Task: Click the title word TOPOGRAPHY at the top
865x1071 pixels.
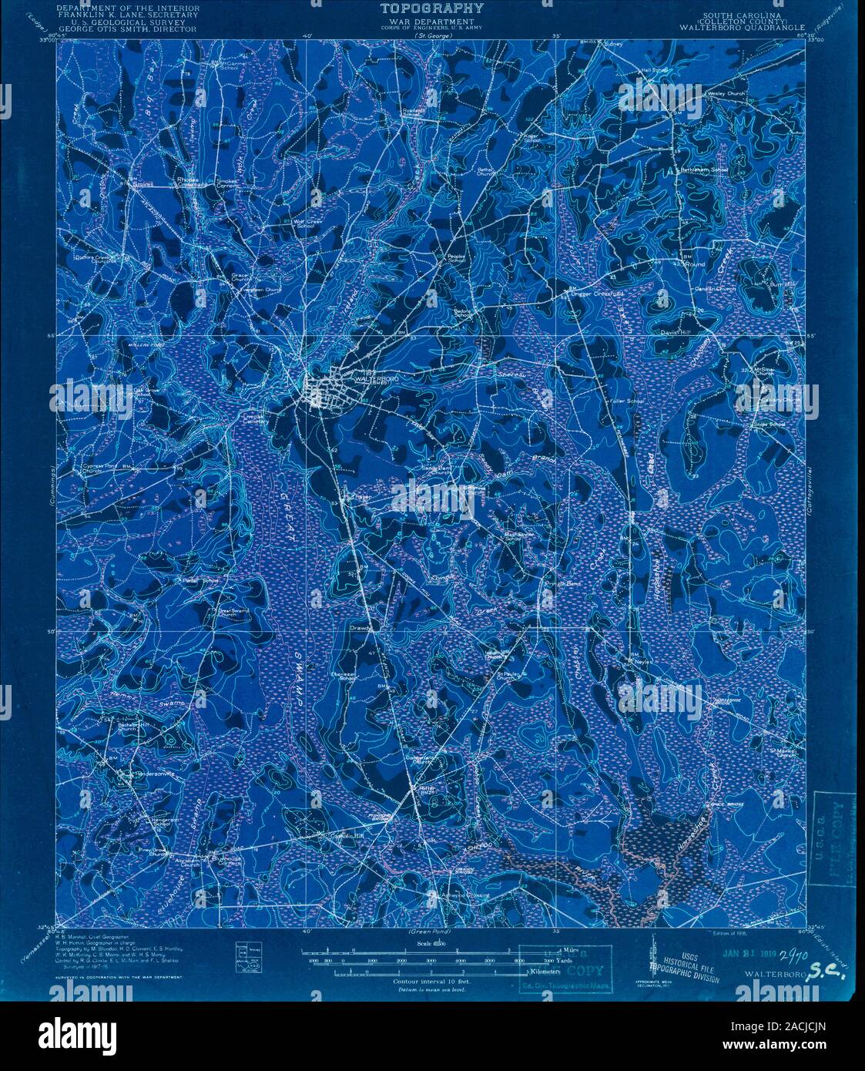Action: (x=431, y=9)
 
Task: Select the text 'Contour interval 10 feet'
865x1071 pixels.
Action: (x=431, y=981)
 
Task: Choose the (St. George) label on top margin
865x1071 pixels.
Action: (x=431, y=36)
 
